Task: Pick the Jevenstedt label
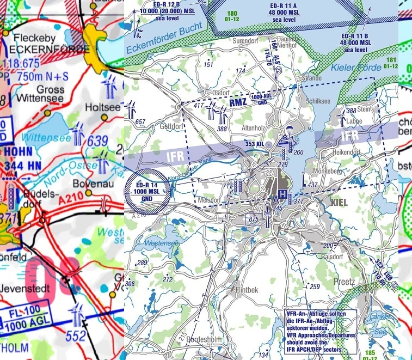point(23,288)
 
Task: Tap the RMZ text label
point(238,102)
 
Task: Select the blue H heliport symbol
point(282,194)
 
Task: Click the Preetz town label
point(343,282)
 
